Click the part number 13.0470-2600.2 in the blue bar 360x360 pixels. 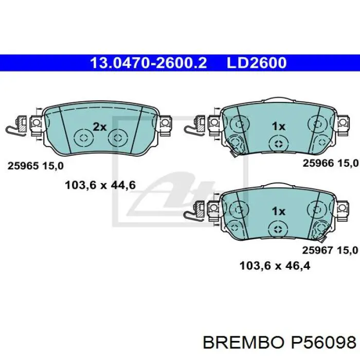click(x=149, y=63)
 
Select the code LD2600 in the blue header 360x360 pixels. click(x=257, y=63)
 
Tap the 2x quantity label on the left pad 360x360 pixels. click(x=100, y=127)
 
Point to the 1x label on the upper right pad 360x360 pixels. click(x=279, y=127)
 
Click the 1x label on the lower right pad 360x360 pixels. click(x=279, y=211)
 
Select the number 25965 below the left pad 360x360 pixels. click(x=23, y=166)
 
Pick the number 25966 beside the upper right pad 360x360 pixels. click(x=318, y=163)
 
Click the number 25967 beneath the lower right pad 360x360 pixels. click(x=317, y=250)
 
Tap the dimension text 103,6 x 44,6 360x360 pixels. click(x=100, y=185)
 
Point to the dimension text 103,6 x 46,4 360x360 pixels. click(x=275, y=266)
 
